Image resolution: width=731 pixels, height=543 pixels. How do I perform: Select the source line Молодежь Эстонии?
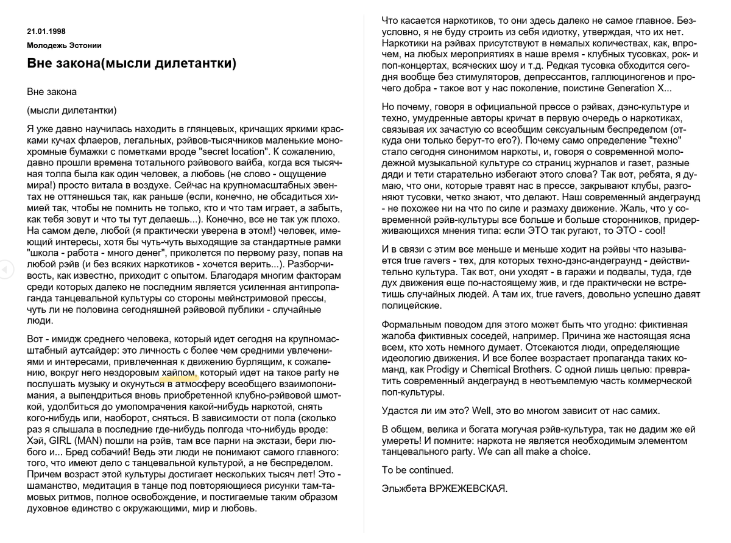pyautogui.click(x=64, y=45)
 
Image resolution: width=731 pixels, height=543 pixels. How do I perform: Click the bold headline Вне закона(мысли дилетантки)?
pyautogui.click(x=132, y=63)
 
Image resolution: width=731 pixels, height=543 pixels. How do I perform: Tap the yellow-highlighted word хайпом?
pyautogui.click(x=179, y=372)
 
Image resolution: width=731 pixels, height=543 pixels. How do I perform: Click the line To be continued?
pyautogui.click(x=417, y=470)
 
